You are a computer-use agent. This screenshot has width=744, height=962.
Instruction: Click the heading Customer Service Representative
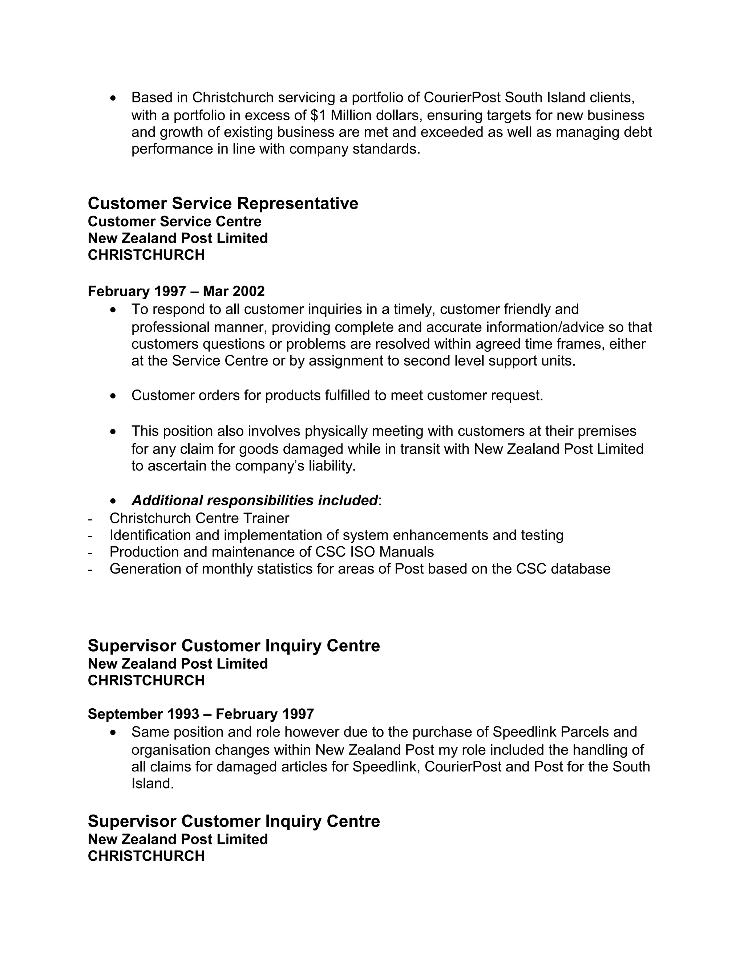[x=223, y=204]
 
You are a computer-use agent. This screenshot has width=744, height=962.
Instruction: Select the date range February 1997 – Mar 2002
[x=176, y=291]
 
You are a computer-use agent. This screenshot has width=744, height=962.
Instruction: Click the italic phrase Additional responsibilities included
[x=255, y=500]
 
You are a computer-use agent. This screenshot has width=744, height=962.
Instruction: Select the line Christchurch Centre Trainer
[x=199, y=518]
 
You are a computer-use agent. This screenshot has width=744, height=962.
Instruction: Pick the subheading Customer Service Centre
[x=174, y=221]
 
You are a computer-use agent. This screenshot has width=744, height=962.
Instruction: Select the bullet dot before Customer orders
[x=114, y=396]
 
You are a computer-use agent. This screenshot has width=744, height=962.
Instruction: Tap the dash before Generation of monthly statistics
[x=90, y=569]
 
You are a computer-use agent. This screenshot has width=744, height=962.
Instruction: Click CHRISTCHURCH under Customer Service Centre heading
[x=146, y=255]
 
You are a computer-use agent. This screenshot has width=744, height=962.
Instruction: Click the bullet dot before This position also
[x=114, y=431]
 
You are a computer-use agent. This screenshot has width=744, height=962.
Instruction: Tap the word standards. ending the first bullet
[x=387, y=149]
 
